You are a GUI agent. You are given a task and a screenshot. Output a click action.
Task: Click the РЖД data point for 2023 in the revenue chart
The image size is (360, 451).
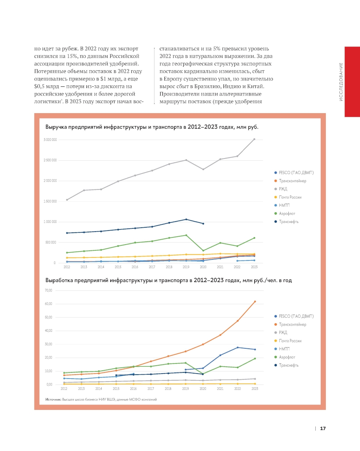(x=254, y=139)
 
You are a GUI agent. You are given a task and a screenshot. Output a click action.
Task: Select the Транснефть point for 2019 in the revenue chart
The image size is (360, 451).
(x=186, y=219)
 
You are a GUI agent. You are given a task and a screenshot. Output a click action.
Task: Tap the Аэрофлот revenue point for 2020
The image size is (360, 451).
(x=203, y=251)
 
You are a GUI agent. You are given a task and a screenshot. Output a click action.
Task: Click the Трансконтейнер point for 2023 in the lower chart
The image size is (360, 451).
(x=255, y=302)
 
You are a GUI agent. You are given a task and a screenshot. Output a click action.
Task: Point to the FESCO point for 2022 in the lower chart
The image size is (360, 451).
(x=238, y=348)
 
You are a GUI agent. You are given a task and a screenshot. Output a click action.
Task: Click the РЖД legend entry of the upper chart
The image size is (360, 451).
(x=283, y=189)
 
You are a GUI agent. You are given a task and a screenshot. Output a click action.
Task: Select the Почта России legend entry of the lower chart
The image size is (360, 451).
(x=290, y=341)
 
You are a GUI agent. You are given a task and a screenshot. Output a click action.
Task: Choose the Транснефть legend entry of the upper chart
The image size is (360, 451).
(x=289, y=222)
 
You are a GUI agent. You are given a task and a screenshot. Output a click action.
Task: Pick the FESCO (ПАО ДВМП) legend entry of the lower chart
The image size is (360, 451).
(x=296, y=316)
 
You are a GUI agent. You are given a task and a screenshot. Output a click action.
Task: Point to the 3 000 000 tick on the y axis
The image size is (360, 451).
(x=50, y=140)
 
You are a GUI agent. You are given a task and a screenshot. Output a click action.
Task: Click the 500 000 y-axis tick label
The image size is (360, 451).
(x=51, y=242)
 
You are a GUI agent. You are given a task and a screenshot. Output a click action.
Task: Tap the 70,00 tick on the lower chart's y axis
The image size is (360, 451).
(x=49, y=290)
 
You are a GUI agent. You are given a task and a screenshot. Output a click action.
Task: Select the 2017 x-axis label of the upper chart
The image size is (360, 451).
(x=152, y=267)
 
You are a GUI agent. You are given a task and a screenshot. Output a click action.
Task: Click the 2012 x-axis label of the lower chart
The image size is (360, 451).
(x=64, y=389)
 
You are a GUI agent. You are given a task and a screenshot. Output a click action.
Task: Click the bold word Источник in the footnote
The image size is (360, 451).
(x=53, y=399)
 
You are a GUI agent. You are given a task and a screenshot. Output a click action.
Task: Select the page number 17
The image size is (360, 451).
(x=323, y=428)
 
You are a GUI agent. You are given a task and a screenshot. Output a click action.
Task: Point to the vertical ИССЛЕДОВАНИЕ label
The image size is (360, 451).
(x=341, y=82)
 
